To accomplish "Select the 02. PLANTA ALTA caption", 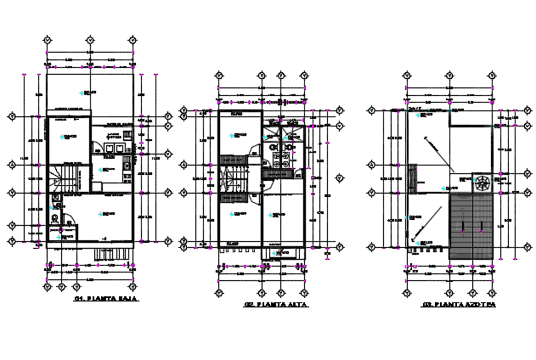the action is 276,304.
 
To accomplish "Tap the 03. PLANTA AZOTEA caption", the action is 458,304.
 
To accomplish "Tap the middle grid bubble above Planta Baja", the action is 90,40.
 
